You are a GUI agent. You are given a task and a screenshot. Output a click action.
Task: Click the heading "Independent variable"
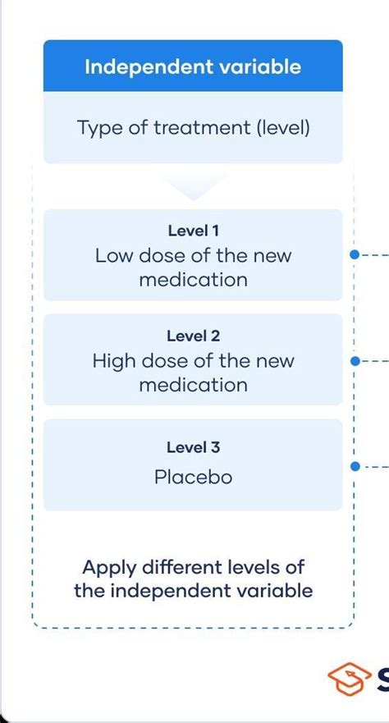(x=193, y=66)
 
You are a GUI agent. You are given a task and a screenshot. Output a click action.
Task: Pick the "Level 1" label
(x=193, y=231)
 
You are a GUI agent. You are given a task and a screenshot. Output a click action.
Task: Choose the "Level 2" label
(x=193, y=336)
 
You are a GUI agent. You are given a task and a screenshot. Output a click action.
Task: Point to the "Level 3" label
(x=193, y=446)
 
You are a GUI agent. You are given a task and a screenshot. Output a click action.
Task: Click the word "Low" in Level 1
(x=114, y=255)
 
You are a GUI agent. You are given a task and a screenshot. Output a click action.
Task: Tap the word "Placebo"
(x=193, y=477)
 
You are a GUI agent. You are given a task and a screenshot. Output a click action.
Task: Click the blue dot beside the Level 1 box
(x=355, y=254)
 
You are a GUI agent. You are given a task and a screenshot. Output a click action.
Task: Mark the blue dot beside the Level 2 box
(x=355, y=361)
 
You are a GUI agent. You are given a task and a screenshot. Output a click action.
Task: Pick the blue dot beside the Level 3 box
(x=355, y=467)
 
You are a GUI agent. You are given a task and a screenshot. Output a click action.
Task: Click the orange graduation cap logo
(x=349, y=679)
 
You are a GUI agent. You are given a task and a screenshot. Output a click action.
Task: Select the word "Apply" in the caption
(x=110, y=568)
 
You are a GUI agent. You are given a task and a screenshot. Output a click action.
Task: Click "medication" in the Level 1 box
(x=193, y=279)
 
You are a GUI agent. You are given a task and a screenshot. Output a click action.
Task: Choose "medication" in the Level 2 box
(x=193, y=385)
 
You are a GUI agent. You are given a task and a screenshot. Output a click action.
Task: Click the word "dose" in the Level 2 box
(x=166, y=361)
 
